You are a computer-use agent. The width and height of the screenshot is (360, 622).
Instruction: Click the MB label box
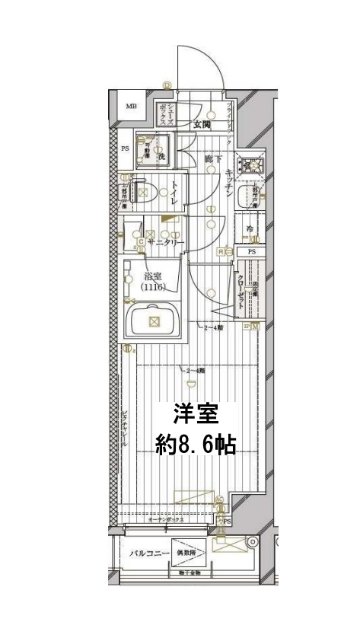[x=131, y=107]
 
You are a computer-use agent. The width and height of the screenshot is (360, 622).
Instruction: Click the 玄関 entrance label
[x=201, y=124]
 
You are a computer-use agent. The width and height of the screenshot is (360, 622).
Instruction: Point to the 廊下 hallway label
[x=213, y=159]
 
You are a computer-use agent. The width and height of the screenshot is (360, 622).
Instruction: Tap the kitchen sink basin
[x=247, y=198]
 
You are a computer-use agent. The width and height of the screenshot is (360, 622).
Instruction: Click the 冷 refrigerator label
[x=249, y=228]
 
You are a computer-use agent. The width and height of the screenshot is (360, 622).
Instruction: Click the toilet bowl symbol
[x=145, y=193]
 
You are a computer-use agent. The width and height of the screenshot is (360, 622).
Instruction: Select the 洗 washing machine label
[x=161, y=155]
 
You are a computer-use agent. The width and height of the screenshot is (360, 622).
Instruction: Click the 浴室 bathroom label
[x=155, y=276]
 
